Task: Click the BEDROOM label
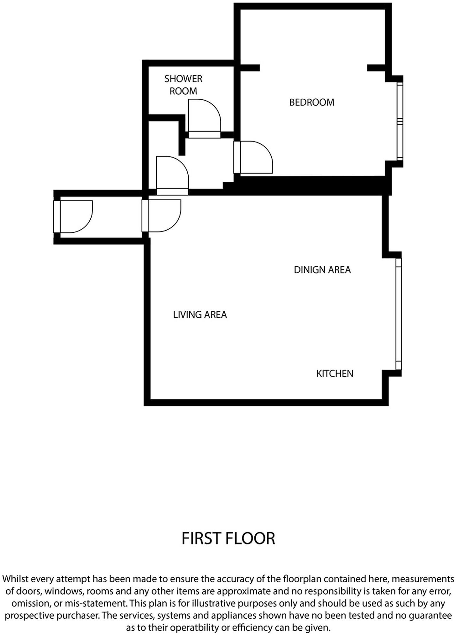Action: click(312, 102)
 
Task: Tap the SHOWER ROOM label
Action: click(183, 85)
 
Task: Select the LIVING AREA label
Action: click(200, 315)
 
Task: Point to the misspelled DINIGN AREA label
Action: click(322, 270)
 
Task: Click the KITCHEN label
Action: click(334, 374)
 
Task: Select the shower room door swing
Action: click(204, 117)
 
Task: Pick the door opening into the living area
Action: click(163, 216)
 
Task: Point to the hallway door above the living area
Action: click(172, 174)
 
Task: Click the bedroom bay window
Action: click(400, 121)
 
